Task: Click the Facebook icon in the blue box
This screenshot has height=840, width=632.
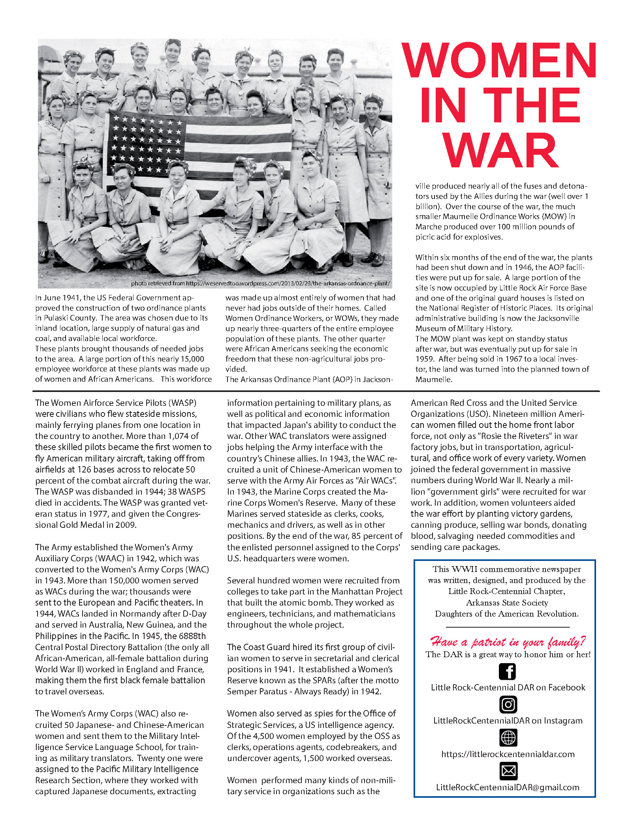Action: pyautogui.click(x=508, y=671)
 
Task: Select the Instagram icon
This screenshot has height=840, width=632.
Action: pyautogui.click(x=508, y=705)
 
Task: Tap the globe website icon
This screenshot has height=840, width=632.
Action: pyautogui.click(x=508, y=737)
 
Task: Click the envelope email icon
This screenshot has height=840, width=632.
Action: pyautogui.click(x=508, y=771)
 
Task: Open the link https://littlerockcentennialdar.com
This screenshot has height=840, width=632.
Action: pyautogui.click(x=508, y=754)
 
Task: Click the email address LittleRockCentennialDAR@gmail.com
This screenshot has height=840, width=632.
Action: pyautogui.click(x=508, y=787)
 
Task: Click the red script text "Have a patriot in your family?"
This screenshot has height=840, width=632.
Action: pyautogui.click(x=508, y=641)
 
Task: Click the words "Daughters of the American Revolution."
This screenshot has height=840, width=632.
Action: pyautogui.click(x=507, y=614)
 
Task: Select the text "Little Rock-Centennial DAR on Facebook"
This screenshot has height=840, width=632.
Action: pyautogui.click(x=508, y=687)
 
